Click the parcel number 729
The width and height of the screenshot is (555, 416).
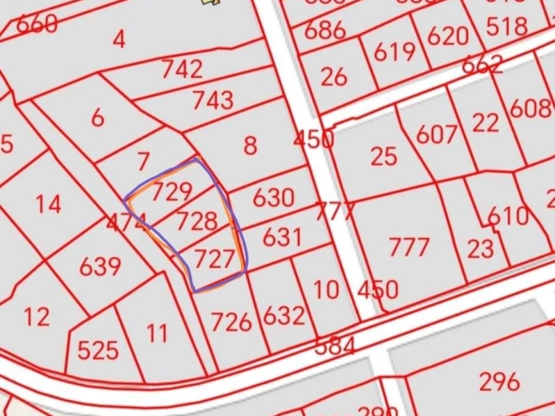(172, 193)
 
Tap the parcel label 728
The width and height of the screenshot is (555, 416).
(197, 222)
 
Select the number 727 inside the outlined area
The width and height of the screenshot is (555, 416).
(215, 259)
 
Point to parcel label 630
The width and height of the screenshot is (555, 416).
(273, 199)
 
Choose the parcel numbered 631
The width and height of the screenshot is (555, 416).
(282, 236)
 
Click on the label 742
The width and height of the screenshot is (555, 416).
(182, 68)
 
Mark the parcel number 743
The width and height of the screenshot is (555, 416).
(212, 99)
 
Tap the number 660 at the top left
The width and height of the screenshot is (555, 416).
(37, 24)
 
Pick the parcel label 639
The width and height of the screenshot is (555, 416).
(100, 266)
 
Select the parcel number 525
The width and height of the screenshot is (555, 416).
(97, 350)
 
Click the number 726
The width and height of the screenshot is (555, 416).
(231, 322)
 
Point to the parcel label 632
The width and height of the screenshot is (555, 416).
(283, 315)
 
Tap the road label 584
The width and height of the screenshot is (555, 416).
(335, 346)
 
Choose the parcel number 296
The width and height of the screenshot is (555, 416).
(499, 381)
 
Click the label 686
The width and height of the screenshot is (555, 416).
(324, 30)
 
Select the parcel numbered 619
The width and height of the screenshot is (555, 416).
(394, 52)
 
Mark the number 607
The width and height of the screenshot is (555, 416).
(437, 135)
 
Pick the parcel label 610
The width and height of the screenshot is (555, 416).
(508, 216)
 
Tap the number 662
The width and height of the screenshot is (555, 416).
(482, 65)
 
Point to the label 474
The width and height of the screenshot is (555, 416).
(126, 223)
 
